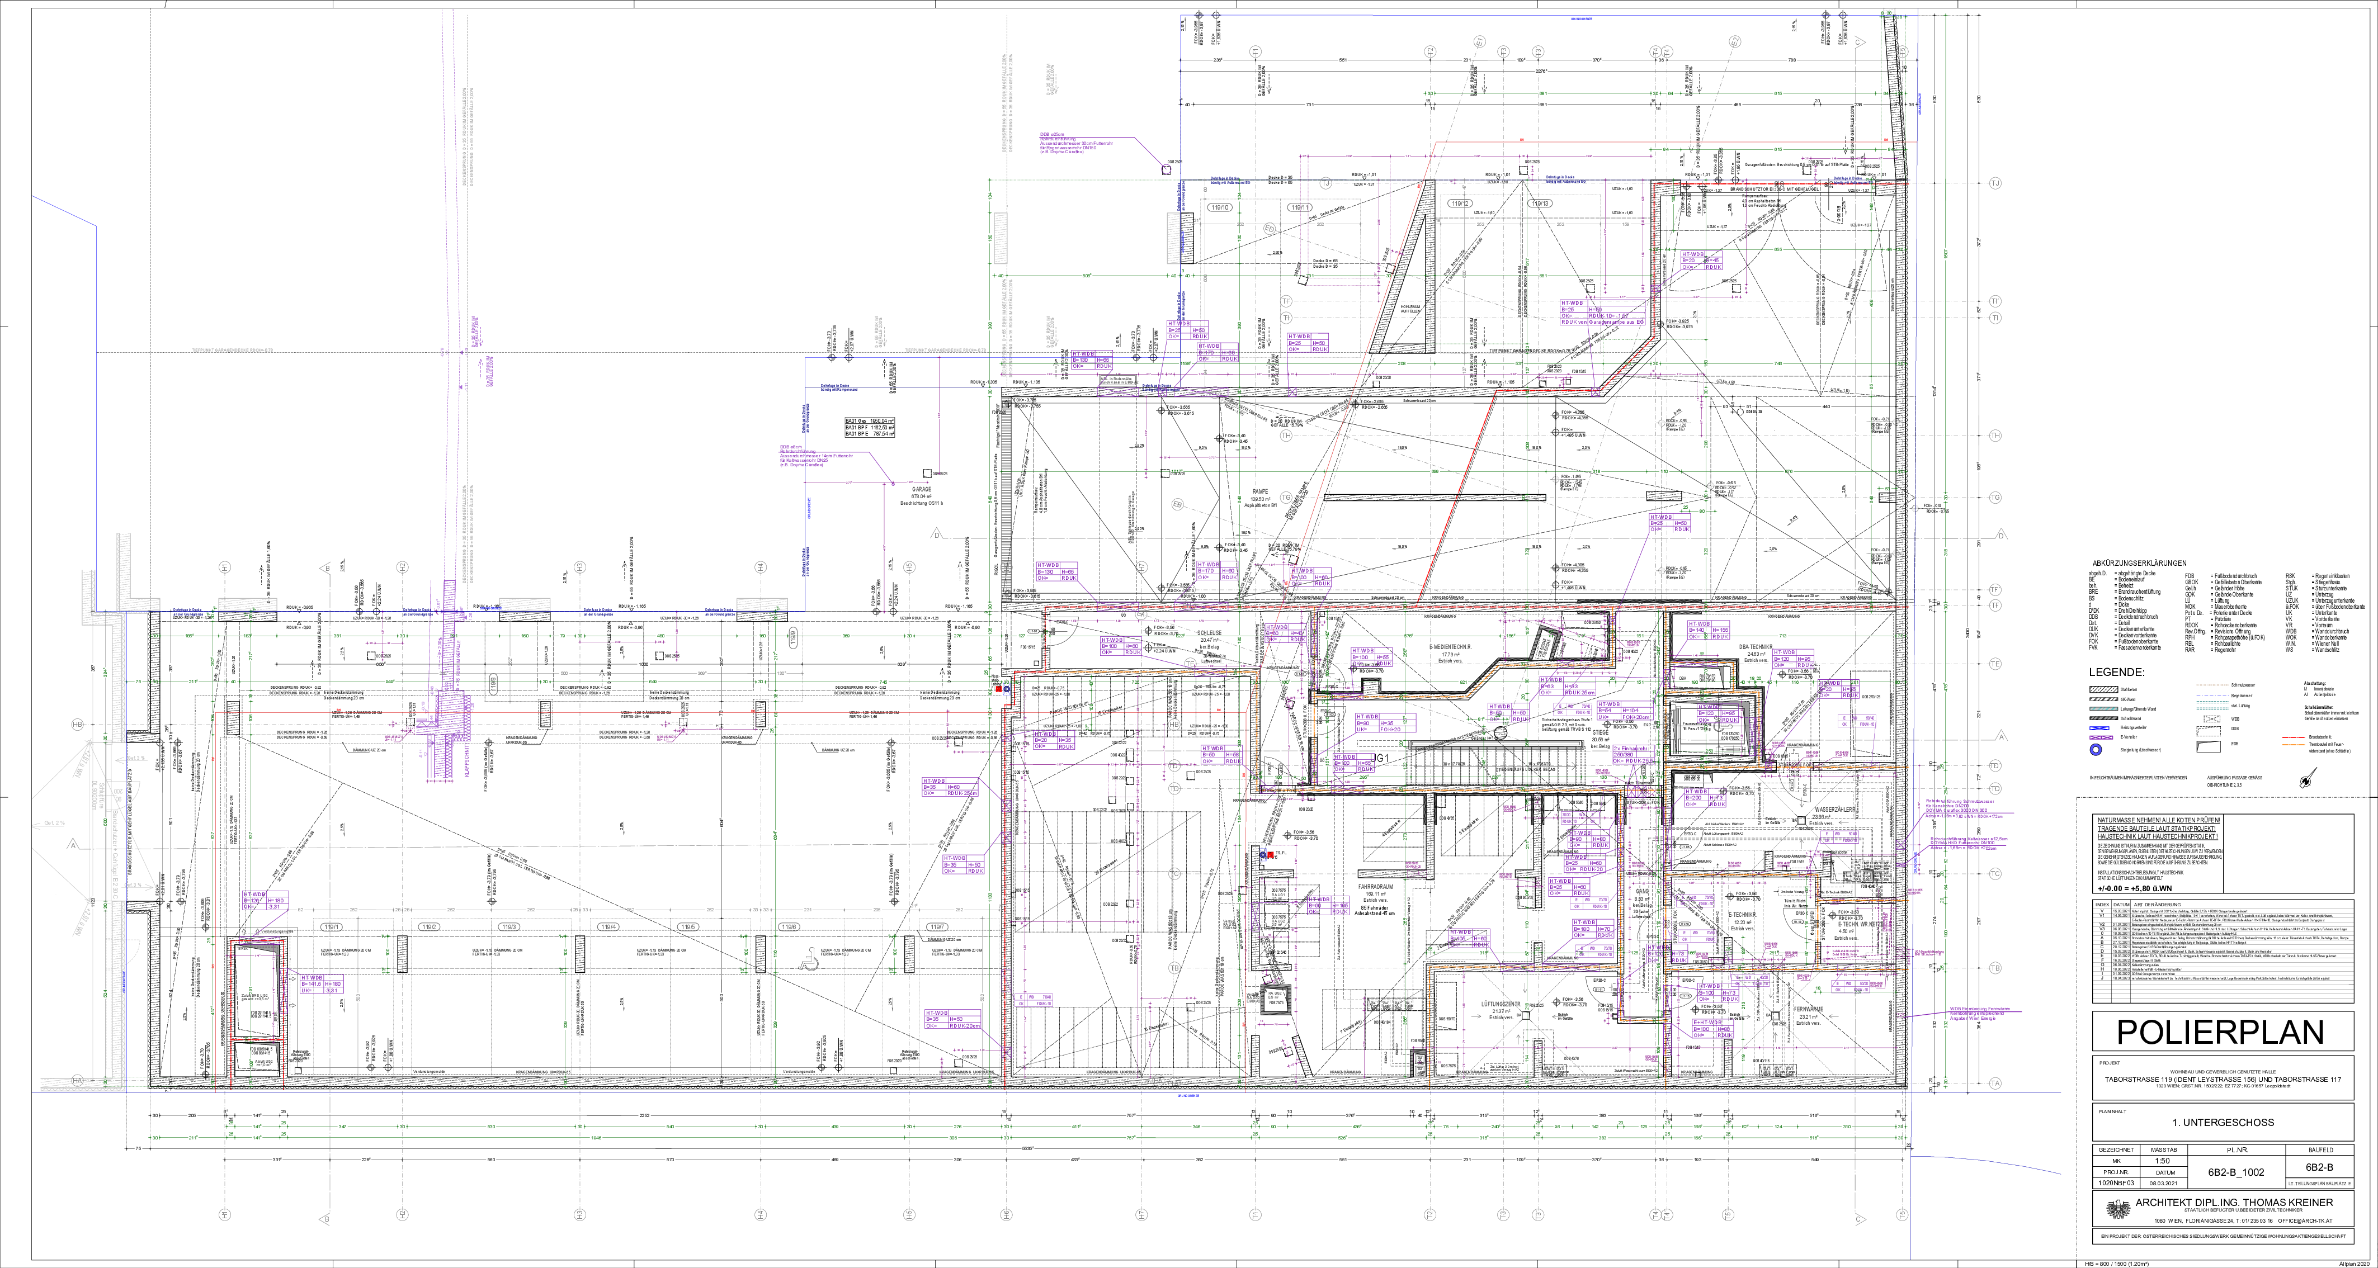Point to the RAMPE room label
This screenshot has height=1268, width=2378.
point(1260,491)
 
